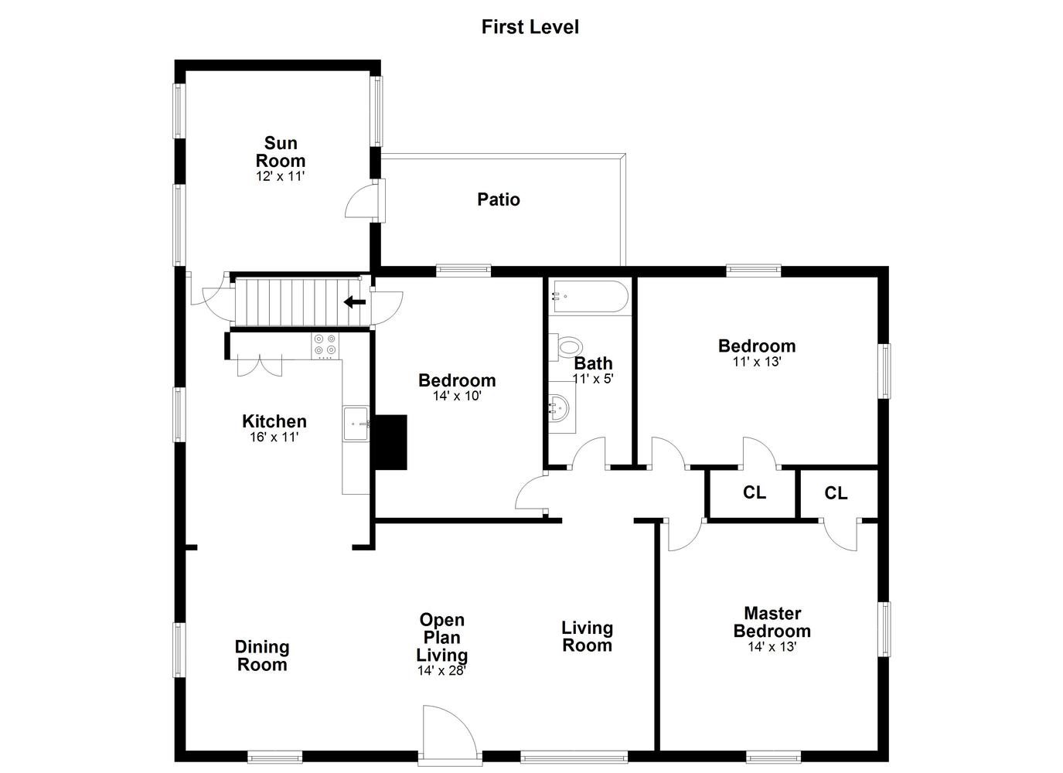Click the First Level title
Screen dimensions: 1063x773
(530, 27)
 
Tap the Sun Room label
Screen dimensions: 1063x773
(281, 152)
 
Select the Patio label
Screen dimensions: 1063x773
(499, 199)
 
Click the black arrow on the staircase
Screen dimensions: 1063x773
(355, 301)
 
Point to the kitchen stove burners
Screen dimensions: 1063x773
(325, 345)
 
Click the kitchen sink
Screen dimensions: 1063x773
(356, 424)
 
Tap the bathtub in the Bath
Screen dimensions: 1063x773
(588, 297)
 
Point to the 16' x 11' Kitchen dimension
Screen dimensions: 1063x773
(274, 437)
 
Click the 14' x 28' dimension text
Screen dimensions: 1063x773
(441, 670)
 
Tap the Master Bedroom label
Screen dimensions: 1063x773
(772, 622)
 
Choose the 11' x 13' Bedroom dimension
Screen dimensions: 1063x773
(757, 362)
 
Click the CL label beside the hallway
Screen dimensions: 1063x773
(755, 492)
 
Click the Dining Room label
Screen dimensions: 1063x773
(262, 656)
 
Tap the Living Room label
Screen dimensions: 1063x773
(587, 637)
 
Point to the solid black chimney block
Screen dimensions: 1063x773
(391, 442)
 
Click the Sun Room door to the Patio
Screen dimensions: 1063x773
(363, 201)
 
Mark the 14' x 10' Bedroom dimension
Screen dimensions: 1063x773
(457, 396)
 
